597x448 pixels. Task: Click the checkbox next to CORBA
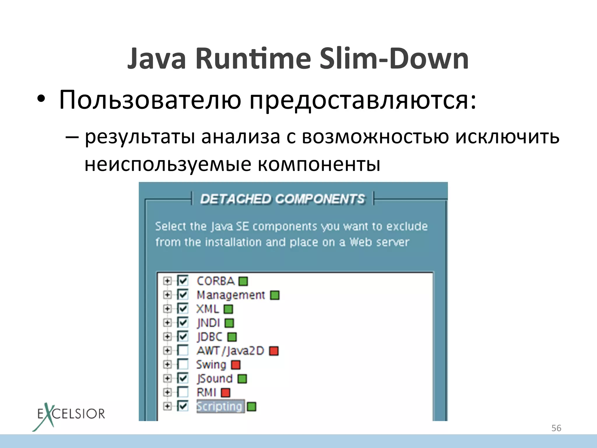tap(183, 281)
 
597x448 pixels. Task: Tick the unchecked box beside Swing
tap(183, 364)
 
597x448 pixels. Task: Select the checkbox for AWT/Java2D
tap(183, 350)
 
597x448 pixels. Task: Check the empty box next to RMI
tap(183, 392)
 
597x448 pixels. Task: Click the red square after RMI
tap(225, 393)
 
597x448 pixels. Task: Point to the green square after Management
tap(275, 295)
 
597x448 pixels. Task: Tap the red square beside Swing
tap(236, 365)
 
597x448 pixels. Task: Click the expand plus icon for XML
tap(167, 309)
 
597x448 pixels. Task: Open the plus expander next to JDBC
tap(167, 337)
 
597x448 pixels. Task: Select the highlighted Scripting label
tap(220, 406)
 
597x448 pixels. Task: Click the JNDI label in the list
tap(208, 323)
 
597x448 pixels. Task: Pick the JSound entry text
tap(215, 379)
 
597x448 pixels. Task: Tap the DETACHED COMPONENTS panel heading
tap(282, 199)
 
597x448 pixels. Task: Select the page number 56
tap(556, 428)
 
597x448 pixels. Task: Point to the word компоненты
tap(319, 164)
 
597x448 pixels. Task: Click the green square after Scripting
tap(251, 407)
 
